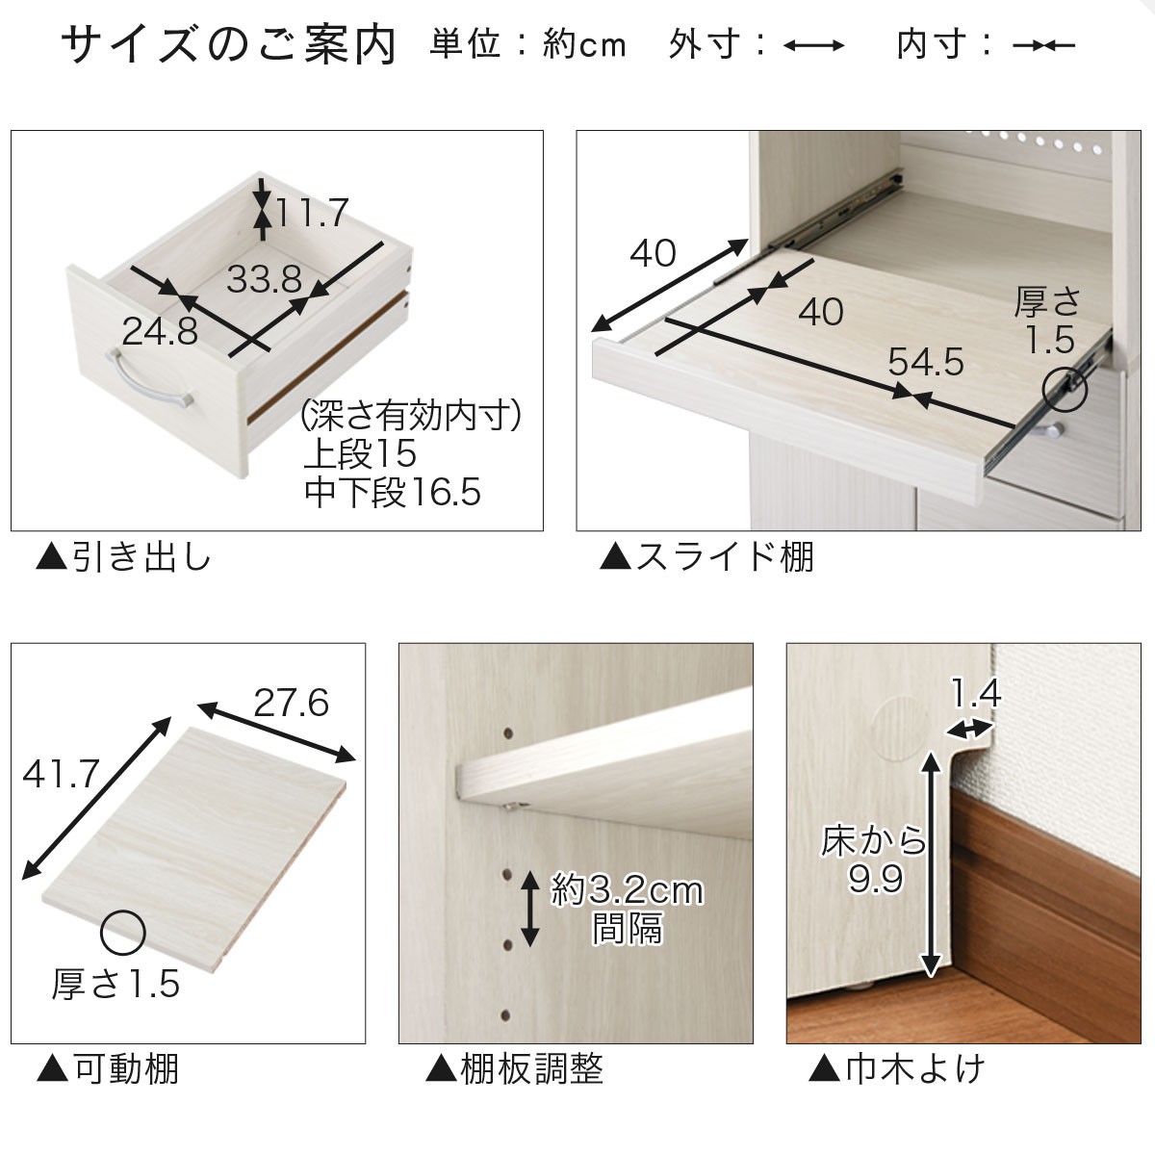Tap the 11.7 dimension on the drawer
pos(312,212)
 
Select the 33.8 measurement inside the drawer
pos(264,279)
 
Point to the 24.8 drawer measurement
pos(160,331)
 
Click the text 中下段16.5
pos(392,493)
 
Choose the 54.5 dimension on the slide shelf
pos(925,362)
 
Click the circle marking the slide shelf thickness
pos(1065,390)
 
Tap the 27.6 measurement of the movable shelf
pos(292,703)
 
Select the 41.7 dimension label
pos(61,774)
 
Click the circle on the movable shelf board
pos(123,934)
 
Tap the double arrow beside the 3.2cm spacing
pos(529,908)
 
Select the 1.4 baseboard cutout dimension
pos(976,693)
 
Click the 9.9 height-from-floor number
pos(876,880)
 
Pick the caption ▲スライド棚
pos(706,557)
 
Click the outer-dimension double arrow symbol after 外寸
pos(814,45)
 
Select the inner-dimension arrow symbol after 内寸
pos(1043,45)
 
